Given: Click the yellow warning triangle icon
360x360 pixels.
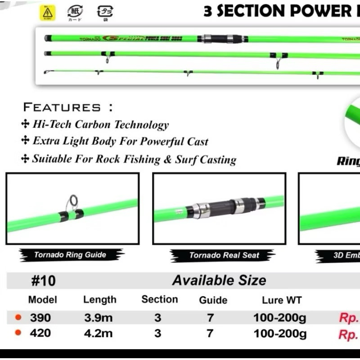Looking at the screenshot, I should [x=47, y=13].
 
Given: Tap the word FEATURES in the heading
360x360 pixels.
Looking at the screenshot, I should [x=62, y=107].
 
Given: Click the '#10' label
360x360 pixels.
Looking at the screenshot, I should [x=44, y=281].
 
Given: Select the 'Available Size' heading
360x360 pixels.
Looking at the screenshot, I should [x=219, y=280].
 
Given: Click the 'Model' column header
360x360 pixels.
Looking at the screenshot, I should [x=42, y=300].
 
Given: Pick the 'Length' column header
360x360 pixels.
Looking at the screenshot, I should [x=99, y=300].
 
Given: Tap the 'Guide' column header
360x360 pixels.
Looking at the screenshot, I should [x=213, y=300].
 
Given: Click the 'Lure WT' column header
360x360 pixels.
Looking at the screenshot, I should [x=282, y=300].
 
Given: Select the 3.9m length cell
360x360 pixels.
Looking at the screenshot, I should [x=98, y=318].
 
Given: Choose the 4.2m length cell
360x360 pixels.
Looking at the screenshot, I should [x=98, y=333].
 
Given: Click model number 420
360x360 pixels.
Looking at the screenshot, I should [x=40, y=333].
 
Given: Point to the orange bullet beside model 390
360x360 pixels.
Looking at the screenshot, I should [x=18, y=318].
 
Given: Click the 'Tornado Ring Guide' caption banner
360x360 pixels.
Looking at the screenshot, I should [x=71, y=255].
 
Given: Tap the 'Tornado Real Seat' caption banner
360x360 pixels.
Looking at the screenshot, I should [x=224, y=256].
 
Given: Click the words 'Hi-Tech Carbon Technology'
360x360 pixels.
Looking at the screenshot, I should [x=100, y=125].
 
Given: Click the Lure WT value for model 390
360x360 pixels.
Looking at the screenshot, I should [x=279, y=318].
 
